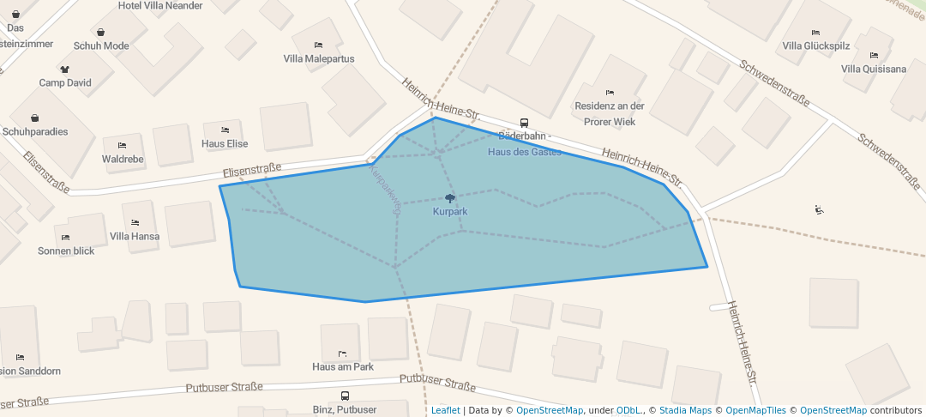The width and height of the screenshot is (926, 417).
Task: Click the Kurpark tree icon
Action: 450,198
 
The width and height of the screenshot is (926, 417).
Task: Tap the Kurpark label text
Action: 450,211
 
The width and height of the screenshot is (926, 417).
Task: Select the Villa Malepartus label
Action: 319,59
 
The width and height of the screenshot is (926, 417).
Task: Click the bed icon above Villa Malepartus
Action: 319,45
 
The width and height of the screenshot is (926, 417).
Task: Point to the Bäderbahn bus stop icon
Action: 524,123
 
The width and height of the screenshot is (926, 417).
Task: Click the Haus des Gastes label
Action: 524,152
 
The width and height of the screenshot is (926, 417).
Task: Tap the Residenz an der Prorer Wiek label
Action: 609,113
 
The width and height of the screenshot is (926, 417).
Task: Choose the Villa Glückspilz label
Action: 815,46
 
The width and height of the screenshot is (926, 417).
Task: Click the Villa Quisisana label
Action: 874,69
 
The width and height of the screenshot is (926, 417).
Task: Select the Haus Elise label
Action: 225,144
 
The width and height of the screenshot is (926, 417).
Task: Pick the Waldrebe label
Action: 123,160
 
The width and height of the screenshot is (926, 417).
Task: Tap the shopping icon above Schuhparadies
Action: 35,118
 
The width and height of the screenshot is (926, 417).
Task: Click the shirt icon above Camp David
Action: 64,69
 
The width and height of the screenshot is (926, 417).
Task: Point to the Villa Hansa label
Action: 135,236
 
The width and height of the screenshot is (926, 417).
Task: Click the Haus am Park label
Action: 343,367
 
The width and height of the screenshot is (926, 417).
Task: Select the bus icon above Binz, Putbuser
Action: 345,396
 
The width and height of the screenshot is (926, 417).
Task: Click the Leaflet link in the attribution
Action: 445,410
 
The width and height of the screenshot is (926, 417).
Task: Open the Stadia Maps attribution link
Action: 684,410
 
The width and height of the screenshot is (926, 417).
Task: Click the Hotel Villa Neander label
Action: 160,5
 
